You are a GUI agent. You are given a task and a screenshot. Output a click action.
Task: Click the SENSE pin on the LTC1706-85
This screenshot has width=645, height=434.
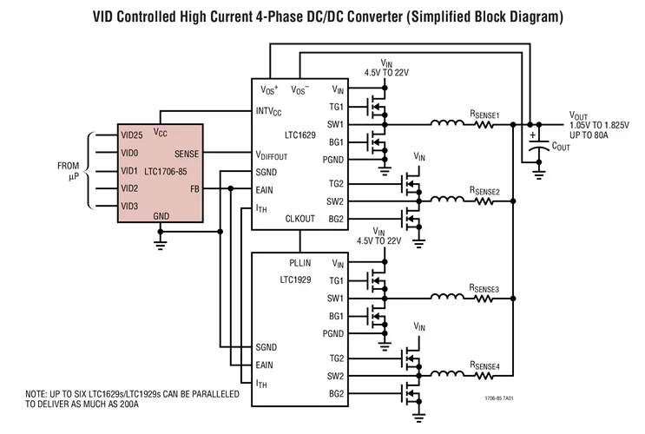click(187, 154)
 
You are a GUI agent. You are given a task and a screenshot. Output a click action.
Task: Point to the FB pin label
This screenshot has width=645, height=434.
click(194, 188)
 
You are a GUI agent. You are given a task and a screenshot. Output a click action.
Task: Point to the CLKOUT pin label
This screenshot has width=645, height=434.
click(300, 219)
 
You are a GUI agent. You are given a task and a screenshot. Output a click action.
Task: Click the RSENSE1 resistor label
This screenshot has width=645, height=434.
click(485, 113)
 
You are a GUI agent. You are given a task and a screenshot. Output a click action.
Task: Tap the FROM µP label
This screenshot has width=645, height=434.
click(68, 170)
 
